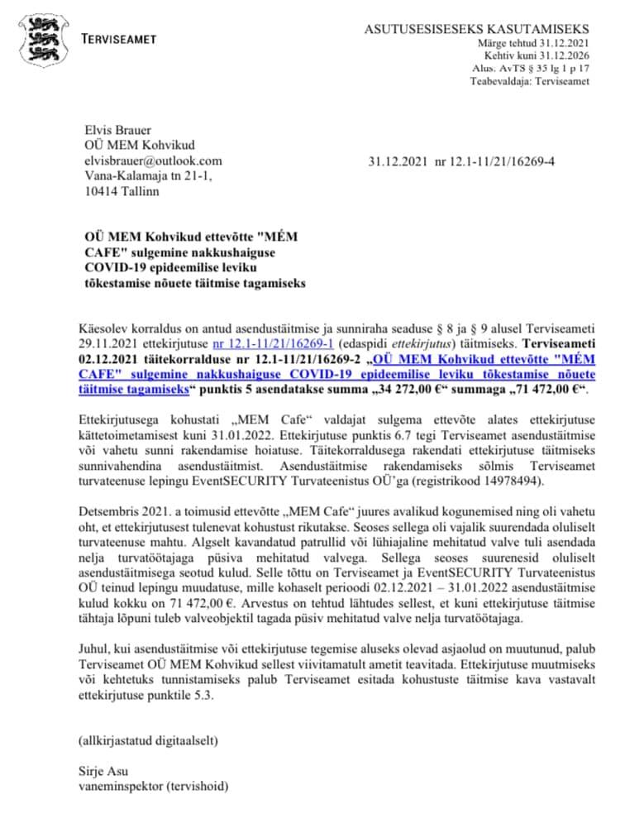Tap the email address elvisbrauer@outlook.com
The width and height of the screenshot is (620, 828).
pos(154,160)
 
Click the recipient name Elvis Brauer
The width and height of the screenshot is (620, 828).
pos(118,129)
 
